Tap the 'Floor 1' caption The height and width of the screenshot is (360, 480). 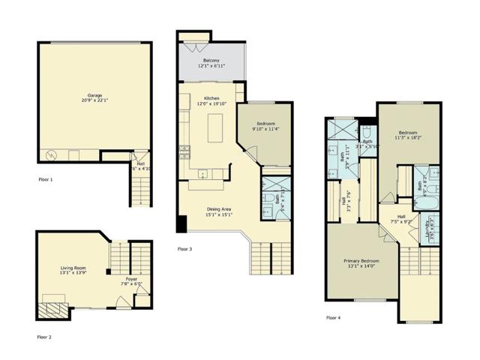(x=46, y=180)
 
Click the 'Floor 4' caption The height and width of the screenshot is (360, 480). (x=334, y=318)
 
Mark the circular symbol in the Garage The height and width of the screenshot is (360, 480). (x=52, y=156)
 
